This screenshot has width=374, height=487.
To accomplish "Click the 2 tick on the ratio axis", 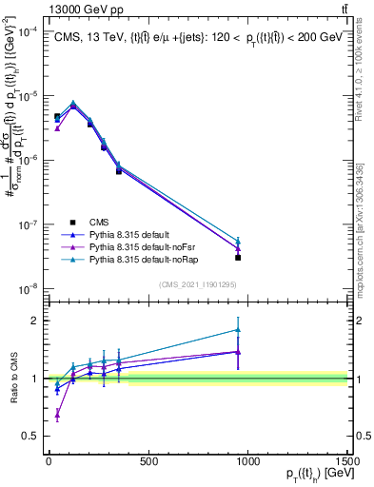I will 34,321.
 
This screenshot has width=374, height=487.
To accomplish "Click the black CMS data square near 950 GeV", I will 238,258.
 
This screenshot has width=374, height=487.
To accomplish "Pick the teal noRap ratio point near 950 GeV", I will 238,330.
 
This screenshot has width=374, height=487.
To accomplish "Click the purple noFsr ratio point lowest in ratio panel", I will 57,414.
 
